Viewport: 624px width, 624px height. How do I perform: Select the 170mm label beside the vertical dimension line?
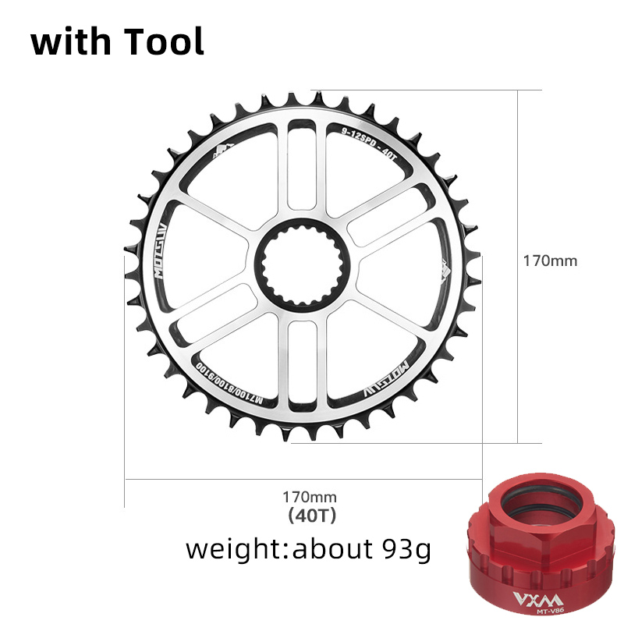pyautogui.click(x=550, y=261)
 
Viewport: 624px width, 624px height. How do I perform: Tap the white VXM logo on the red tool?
pyautogui.click(x=530, y=601)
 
